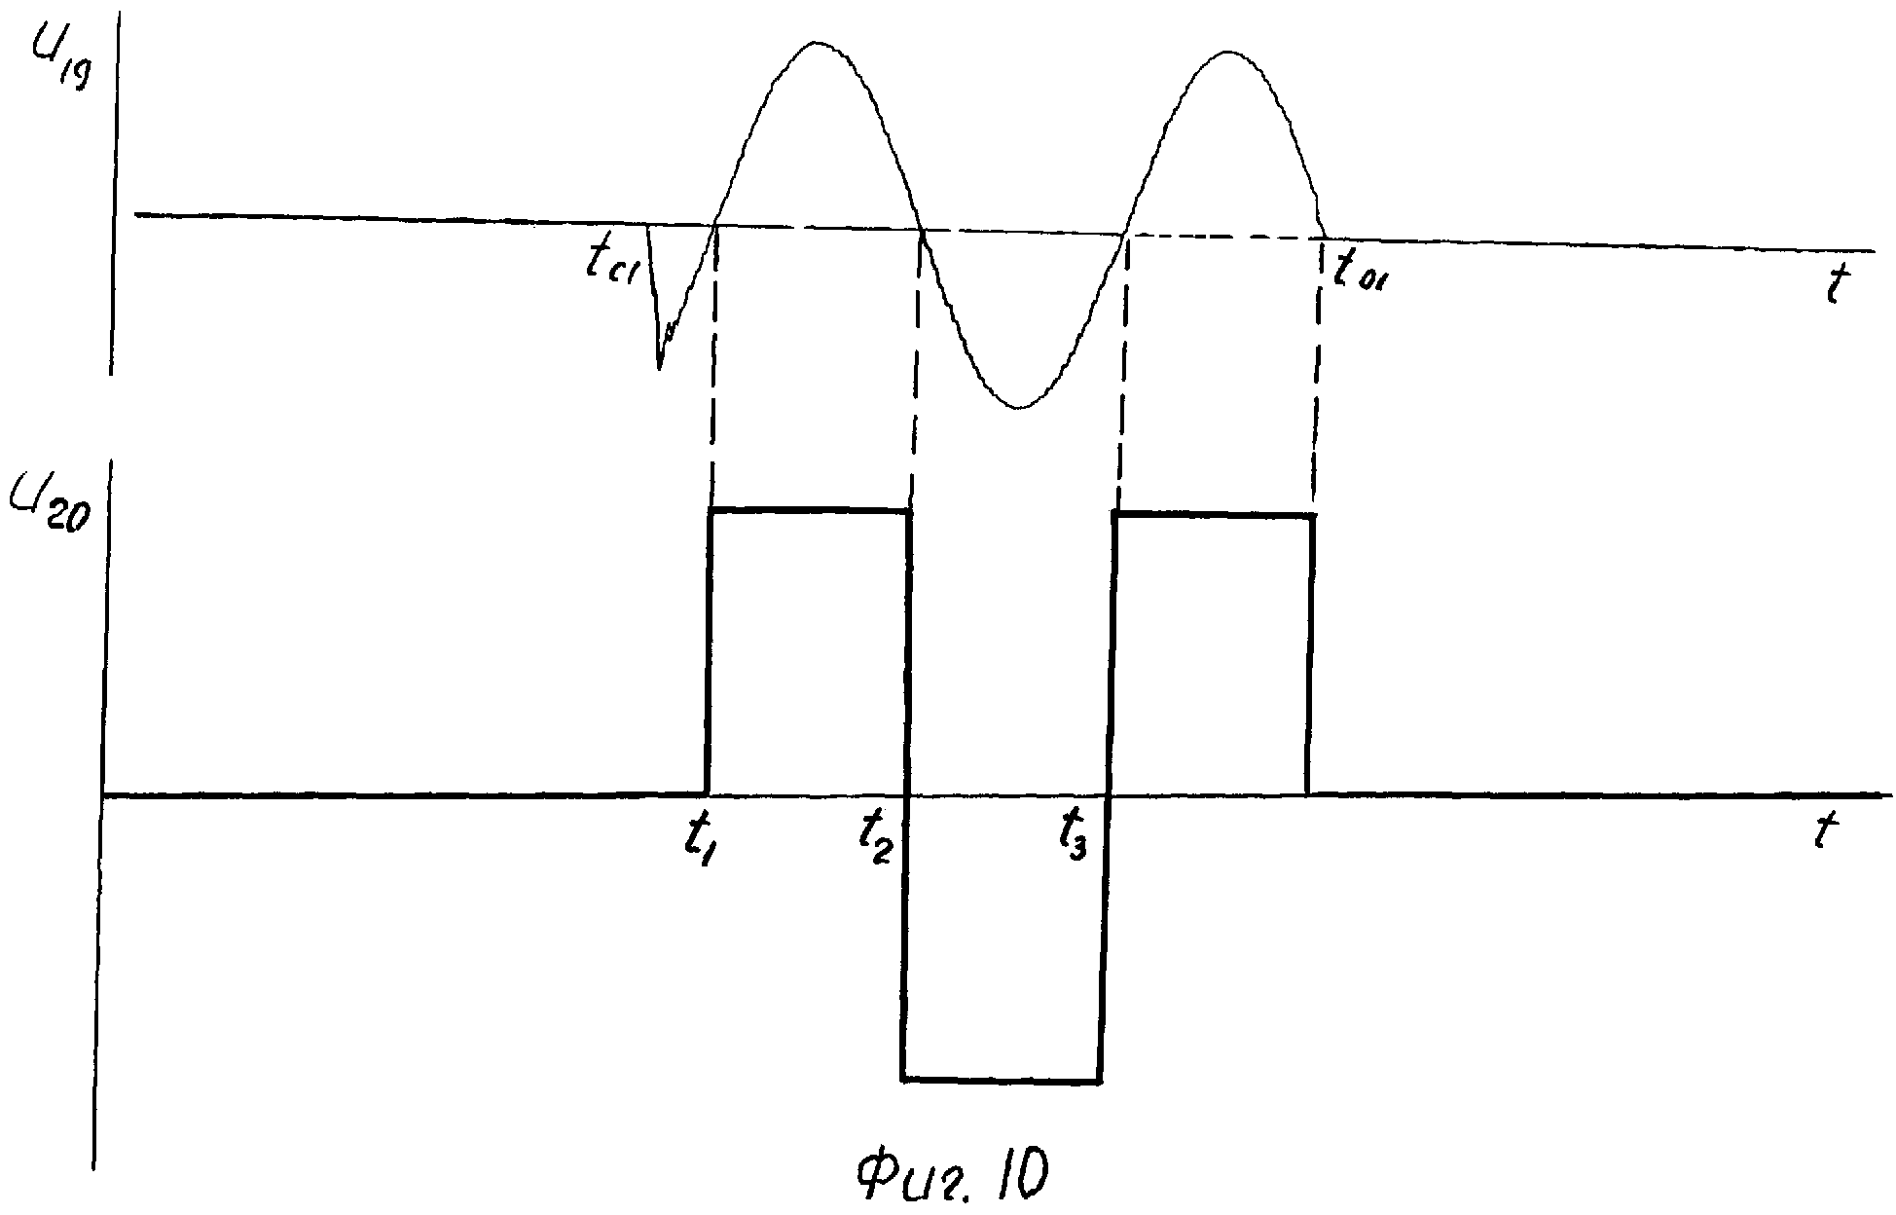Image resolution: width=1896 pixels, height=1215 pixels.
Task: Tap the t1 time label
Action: tap(702, 839)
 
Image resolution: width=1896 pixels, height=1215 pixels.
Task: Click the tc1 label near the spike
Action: tap(610, 262)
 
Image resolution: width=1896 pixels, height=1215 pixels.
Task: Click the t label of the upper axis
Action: tap(1837, 285)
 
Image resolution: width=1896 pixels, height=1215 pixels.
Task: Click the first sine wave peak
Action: tap(816, 43)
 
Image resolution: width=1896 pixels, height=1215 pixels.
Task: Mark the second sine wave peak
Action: tap(1230, 51)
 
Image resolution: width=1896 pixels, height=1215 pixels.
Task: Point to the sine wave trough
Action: tap(1019, 407)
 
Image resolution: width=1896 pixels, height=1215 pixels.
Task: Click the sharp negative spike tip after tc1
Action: tap(659, 368)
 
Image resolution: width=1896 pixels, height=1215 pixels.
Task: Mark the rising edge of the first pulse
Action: tap(709, 652)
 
